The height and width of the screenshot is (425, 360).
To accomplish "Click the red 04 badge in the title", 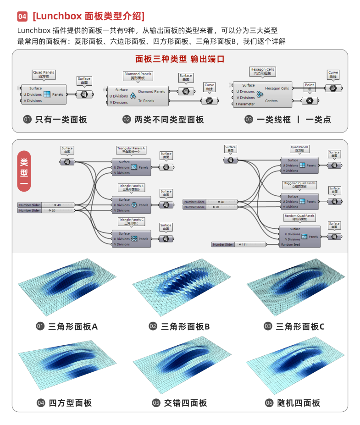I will tap(22, 17).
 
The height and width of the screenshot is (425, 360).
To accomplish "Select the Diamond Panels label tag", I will tap(138, 76).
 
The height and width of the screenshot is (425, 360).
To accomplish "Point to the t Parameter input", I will tap(245, 104).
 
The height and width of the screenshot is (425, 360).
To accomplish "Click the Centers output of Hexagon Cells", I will tap(271, 101).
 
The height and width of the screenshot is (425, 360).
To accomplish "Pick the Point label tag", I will tap(310, 86).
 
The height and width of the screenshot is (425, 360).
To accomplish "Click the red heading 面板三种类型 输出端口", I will tap(179, 59).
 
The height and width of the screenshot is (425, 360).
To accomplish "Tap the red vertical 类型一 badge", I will tap(24, 171).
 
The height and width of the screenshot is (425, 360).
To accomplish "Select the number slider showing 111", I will tap(238, 244).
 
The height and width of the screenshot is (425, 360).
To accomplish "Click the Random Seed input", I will tap(290, 244).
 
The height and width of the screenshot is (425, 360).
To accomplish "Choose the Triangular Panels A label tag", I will tap(131, 150).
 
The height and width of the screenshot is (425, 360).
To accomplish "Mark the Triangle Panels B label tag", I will tap(131, 188).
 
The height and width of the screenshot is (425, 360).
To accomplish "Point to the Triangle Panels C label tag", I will tap(131, 221).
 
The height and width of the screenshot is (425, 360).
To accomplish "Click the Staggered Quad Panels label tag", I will tap(299, 185).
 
